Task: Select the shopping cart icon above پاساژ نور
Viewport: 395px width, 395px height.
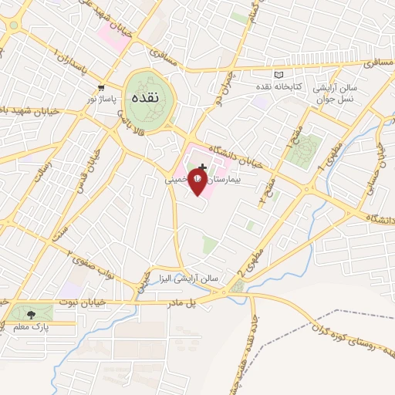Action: click(102, 88)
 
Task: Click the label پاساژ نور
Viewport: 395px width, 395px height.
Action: click(102, 100)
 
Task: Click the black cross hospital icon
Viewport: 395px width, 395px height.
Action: click(202, 167)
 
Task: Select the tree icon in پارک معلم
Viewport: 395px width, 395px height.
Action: click(31, 314)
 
